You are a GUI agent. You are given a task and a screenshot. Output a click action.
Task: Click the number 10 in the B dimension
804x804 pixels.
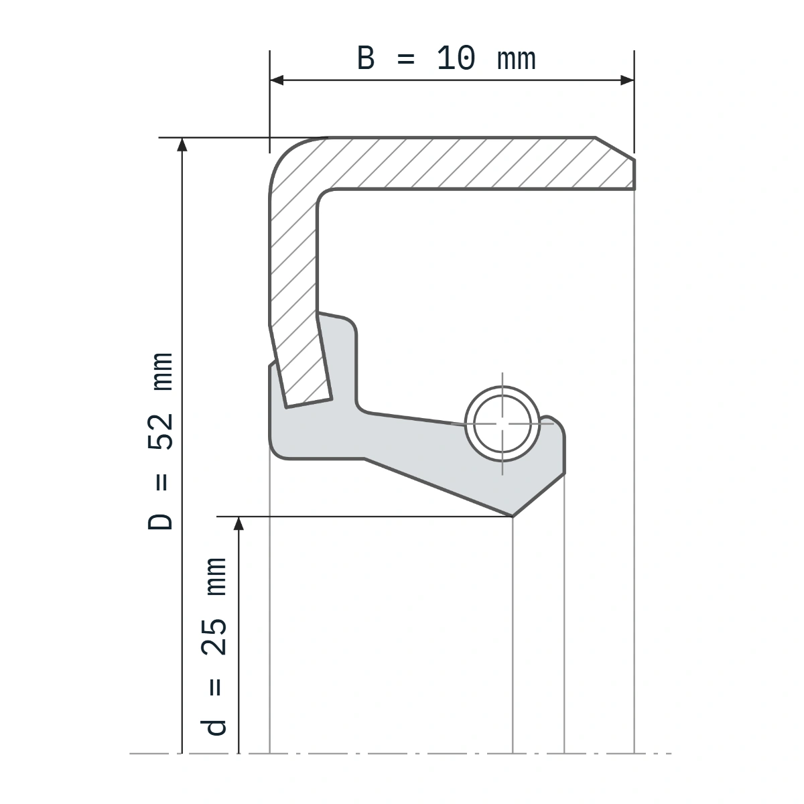[x=456, y=58]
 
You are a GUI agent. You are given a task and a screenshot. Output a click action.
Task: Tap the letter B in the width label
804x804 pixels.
[x=366, y=58]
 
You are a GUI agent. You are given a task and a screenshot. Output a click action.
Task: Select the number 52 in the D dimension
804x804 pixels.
[x=160, y=432]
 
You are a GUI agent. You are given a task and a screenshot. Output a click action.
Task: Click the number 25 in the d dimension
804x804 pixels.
[x=214, y=637]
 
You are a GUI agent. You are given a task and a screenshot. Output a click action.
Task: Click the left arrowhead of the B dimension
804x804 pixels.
[x=277, y=80]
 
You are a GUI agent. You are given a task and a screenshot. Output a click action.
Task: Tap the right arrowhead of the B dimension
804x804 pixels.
[x=627, y=80]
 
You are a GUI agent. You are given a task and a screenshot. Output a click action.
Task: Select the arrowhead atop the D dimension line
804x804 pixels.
[x=182, y=144]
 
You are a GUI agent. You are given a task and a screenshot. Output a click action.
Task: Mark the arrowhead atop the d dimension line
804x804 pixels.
[x=239, y=524]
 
